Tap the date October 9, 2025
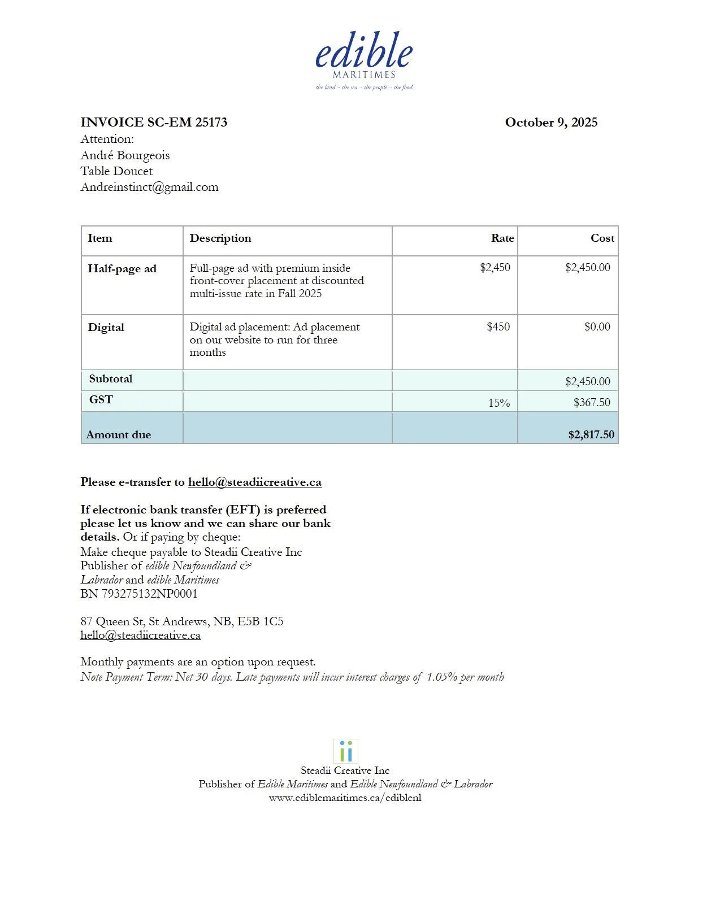[x=550, y=123]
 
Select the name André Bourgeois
[x=125, y=155]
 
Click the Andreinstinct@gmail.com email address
[x=149, y=187]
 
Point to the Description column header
[x=220, y=238]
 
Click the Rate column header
[x=502, y=238]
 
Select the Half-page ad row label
[x=122, y=269]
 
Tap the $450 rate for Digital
[x=498, y=327]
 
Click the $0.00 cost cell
[x=597, y=327]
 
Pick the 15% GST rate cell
[x=498, y=403]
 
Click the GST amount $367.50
[x=591, y=403]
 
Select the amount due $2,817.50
[x=591, y=434]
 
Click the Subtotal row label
[x=111, y=379]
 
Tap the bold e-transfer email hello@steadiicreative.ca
[x=255, y=482]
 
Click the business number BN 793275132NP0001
[x=139, y=594]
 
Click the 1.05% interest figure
[x=441, y=677]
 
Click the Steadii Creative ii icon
[x=345, y=751]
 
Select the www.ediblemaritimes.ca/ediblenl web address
[x=345, y=798]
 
